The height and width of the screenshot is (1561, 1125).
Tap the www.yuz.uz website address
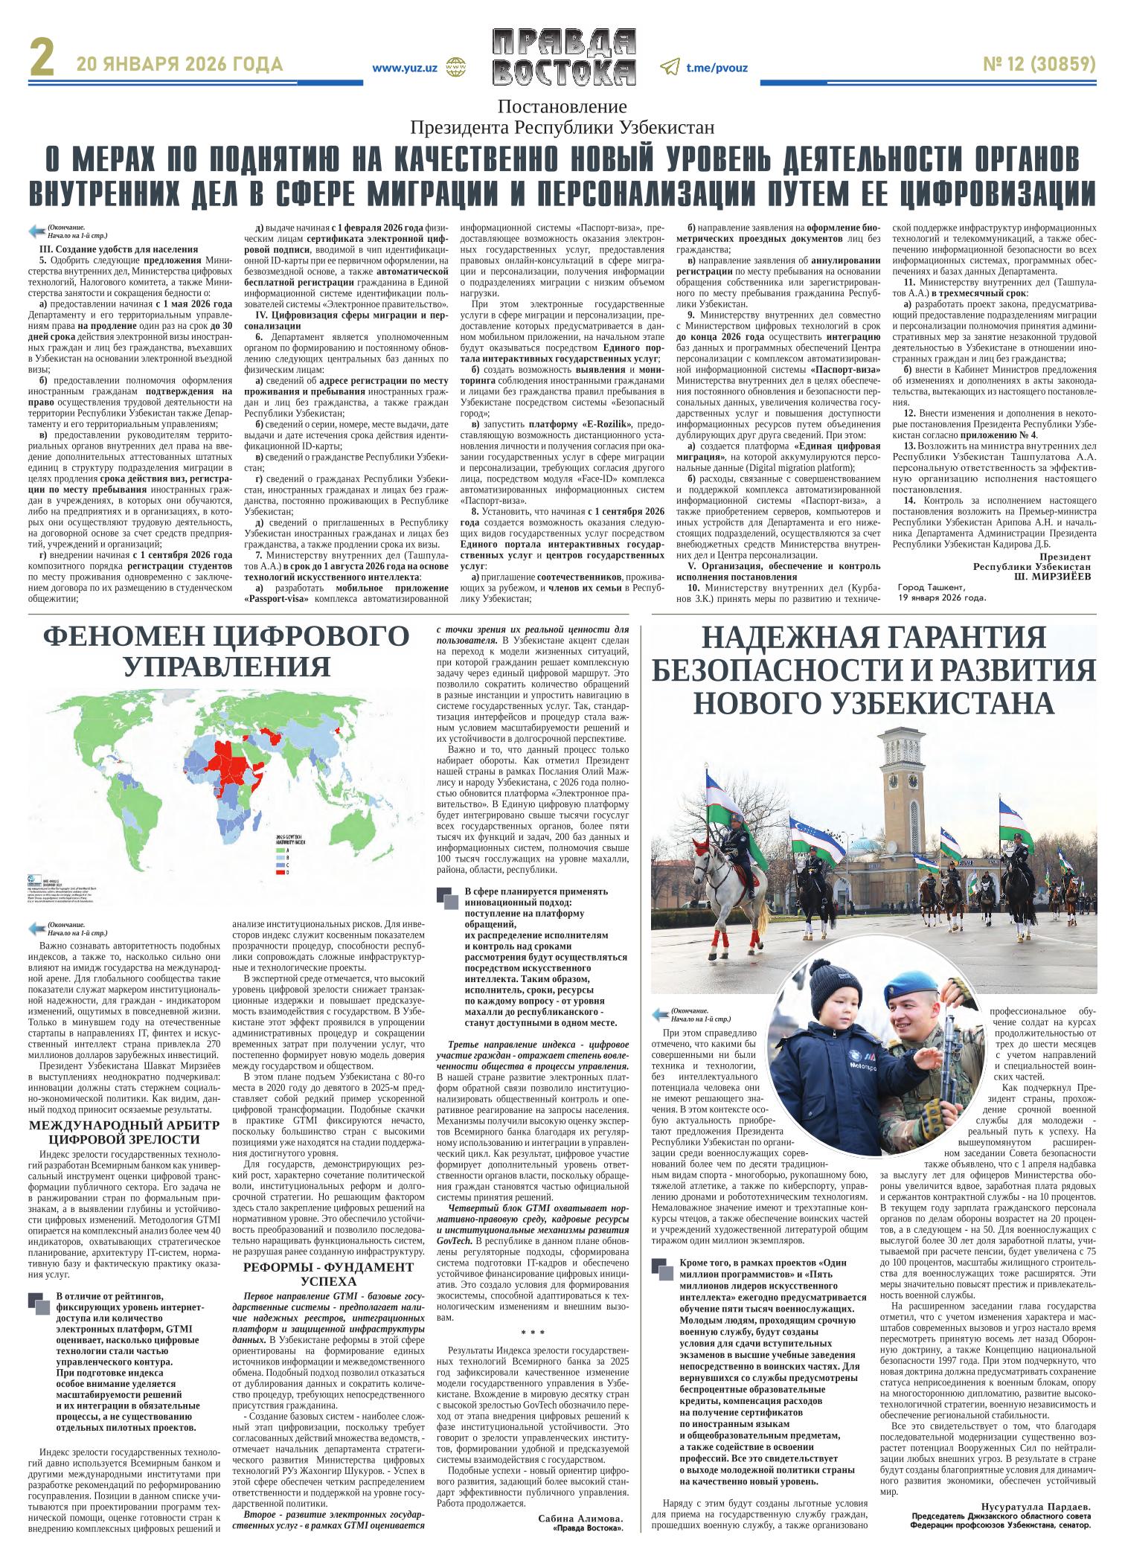(404, 68)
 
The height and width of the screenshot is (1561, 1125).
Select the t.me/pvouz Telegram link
(717, 68)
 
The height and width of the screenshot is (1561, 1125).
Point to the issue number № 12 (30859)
(1039, 65)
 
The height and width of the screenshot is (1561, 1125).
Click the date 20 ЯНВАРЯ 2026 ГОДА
(179, 65)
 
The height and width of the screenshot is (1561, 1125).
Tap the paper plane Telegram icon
(670, 68)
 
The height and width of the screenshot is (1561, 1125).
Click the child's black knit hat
(829, 987)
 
